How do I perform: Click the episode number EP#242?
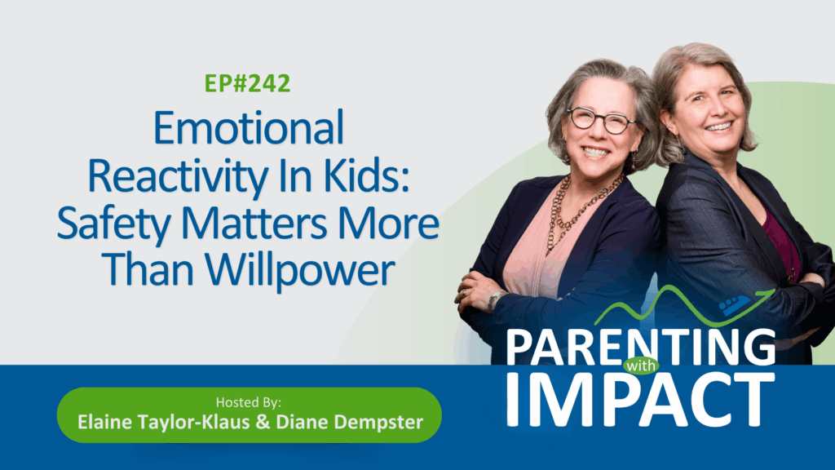click(248, 84)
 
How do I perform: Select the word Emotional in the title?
click(249, 128)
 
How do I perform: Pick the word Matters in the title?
click(254, 224)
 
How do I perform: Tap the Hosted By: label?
click(249, 401)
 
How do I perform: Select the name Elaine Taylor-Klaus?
click(163, 422)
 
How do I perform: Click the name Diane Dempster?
click(349, 422)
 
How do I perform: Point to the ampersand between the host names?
click(263, 422)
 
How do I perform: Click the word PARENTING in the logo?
click(641, 348)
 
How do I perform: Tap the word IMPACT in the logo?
click(641, 400)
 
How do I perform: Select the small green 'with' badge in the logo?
click(641, 366)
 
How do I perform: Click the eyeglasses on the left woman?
click(600, 120)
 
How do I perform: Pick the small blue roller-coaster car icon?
click(735, 304)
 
